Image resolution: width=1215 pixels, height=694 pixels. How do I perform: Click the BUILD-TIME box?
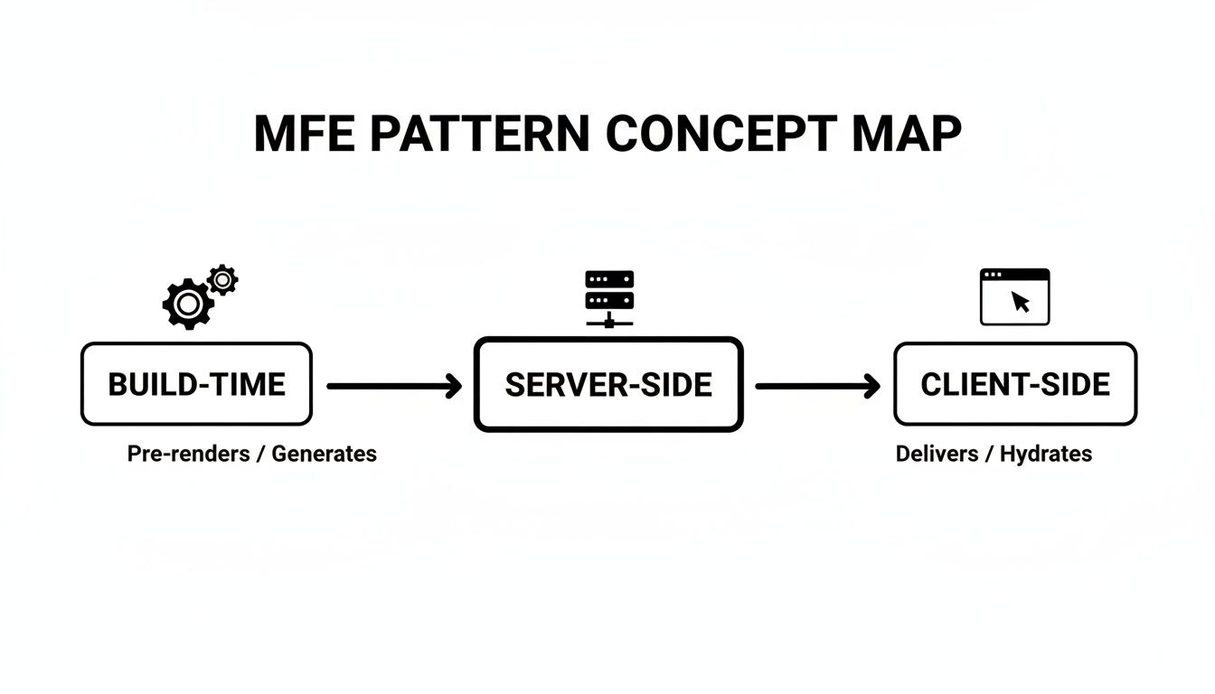tap(196, 384)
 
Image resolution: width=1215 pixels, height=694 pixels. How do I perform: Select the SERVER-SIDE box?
tap(608, 384)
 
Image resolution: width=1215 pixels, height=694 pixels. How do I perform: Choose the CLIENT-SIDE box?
tap(1014, 384)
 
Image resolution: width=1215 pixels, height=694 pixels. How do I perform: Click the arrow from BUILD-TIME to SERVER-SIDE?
tap(392, 387)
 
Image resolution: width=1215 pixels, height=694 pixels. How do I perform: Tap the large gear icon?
tap(187, 305)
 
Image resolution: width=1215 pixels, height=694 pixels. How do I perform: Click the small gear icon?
tap(222, 280)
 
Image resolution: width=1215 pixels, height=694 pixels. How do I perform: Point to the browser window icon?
tap(1014, 296)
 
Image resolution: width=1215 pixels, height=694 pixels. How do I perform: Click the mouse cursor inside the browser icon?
tap(1021, 302)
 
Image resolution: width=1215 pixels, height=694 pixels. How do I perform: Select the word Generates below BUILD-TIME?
tap(324, 454)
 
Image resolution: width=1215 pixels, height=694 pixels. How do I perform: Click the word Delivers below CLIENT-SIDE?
tap(937, 454)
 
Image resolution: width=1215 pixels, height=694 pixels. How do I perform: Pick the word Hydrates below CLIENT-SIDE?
tap(1046, 454)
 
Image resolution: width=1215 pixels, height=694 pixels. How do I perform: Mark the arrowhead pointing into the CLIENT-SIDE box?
tap(871, 387)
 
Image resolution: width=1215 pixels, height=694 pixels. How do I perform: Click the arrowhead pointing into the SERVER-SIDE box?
tap(453, 387)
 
